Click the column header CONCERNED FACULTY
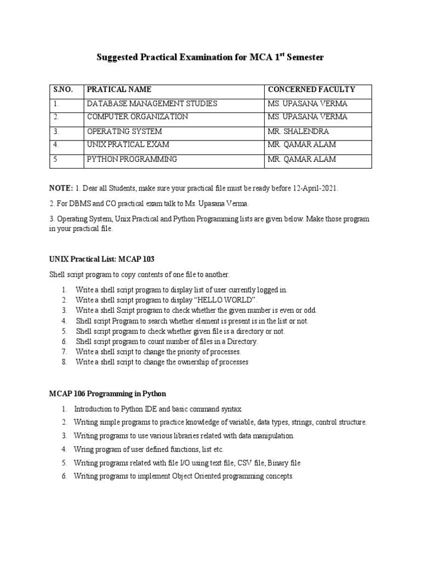(x=311, y=89)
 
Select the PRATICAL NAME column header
(x=119, y=89)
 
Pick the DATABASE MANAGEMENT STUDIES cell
(x=152, y=104)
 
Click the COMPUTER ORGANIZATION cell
(x=137, y=117)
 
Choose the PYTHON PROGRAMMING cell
(x=132, y=159)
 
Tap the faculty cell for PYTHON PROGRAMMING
(x=301, y=159)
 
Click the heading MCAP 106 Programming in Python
(x=107, y=394)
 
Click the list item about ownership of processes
(x=162, y=362)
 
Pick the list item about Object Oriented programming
(x=184, y=476)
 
